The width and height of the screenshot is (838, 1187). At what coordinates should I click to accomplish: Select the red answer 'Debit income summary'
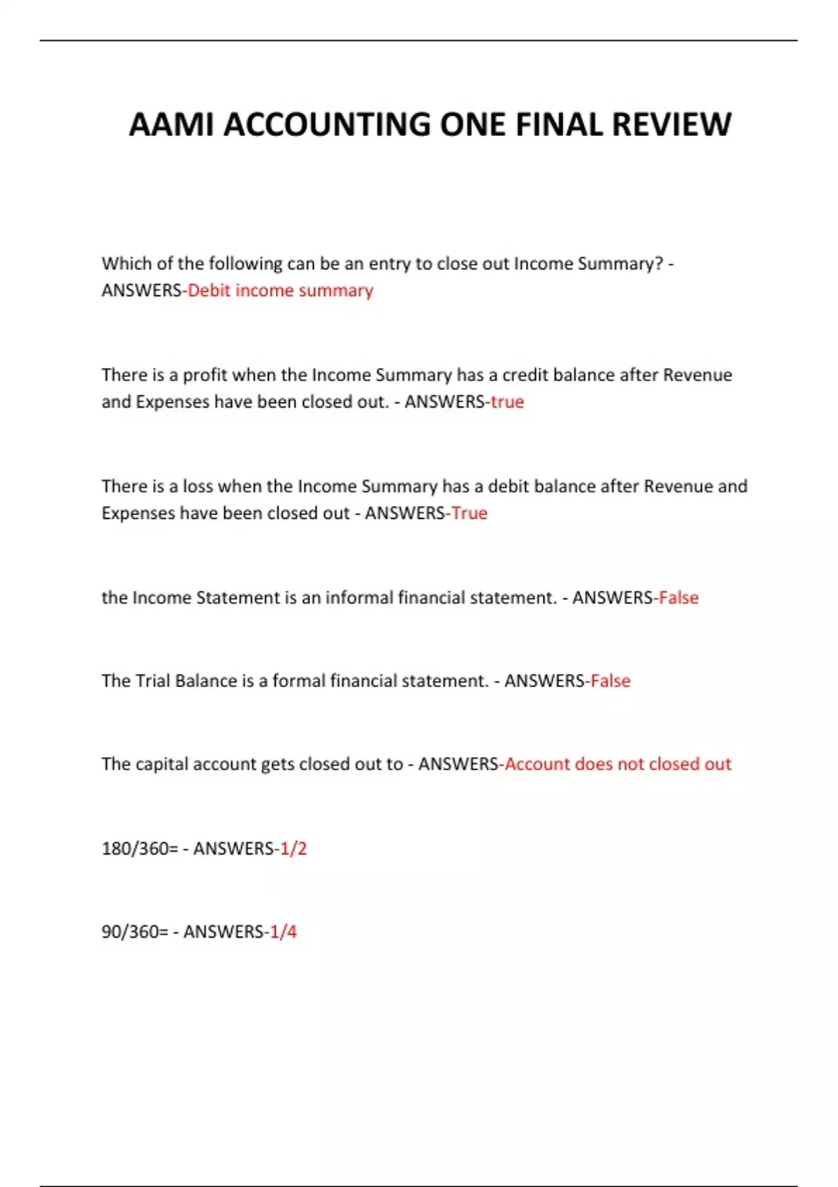pyautogui.click(x=280, y=290)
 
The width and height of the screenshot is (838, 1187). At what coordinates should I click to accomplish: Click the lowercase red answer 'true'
pyautogui.click(x=507, y=402)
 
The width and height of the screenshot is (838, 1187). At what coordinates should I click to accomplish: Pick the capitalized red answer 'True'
pyautogui.click(x=469, y=513)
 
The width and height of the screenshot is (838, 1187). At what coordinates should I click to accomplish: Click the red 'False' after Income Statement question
pyautogui.click(x=679, y=598)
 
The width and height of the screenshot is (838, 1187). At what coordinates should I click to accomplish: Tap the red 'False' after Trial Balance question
pyautogui.click(x=610, y=681)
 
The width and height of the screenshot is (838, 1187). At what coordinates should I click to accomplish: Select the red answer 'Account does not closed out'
pyautogui.click(x=617, y=764)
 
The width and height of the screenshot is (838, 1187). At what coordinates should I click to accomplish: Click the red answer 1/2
pyautogui.click(x=293, y=848)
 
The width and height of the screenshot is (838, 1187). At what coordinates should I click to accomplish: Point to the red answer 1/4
pyautogui.click(x=284, y=931)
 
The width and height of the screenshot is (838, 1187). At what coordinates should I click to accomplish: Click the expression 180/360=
pyautogui.click(x=140, y=848)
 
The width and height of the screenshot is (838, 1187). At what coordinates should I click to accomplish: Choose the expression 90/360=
pyautogui.click(x=135, y=931)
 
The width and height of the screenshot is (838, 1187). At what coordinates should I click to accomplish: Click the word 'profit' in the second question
pyautogui.click(x=205, y=376)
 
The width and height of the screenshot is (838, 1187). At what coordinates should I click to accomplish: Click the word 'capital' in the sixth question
pyautogui.click(x=161, y=764)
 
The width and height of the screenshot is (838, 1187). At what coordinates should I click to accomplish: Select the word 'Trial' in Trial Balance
pyautogui.click(x=152, y=681)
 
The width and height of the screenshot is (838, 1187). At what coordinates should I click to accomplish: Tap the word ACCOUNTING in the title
pyautogui.click(x=328, y=125)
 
